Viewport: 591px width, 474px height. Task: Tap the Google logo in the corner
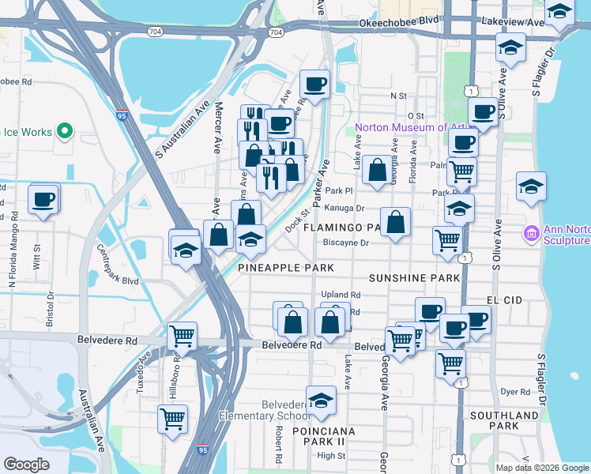click(27, 465)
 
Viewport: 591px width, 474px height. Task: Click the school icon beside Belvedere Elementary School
click(321, 401)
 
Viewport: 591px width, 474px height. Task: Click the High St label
click(331, 456)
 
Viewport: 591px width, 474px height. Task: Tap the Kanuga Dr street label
click(347, 209)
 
